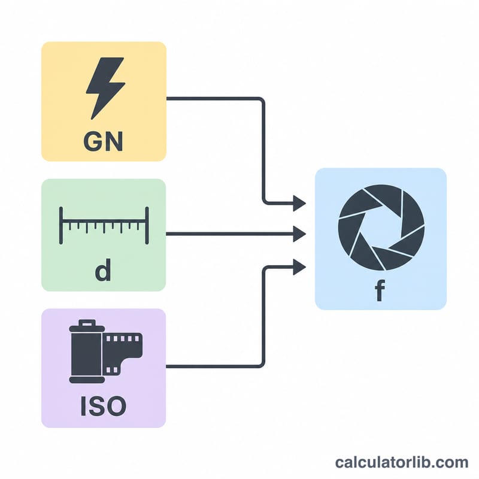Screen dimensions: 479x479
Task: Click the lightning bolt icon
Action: point(105,88)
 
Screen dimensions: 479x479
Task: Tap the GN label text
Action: point(103,141)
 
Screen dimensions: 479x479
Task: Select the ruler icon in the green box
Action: point(104,226)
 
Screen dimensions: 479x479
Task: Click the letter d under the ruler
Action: point(103,270)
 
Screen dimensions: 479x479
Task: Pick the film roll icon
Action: point(105,351)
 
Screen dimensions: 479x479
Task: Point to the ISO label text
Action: point(103,406)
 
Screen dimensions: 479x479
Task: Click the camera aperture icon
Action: point(381,228)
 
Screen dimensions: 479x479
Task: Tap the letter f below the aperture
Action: point(380,290)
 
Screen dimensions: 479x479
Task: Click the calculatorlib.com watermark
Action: point(401,462)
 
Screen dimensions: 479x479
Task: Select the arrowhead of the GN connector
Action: point(299,203)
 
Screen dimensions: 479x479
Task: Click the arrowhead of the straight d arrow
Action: point(299,234)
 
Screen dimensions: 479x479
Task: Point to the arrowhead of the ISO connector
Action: point(299,267)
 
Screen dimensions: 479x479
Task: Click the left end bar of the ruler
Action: point(61,226)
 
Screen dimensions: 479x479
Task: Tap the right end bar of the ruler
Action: point(147,226)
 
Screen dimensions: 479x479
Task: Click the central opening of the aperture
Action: point(381,228)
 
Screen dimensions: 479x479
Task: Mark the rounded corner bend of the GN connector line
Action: point(262,100)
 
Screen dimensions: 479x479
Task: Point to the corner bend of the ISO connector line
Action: point(262,363)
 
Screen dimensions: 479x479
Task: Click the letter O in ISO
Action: point(116,406)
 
